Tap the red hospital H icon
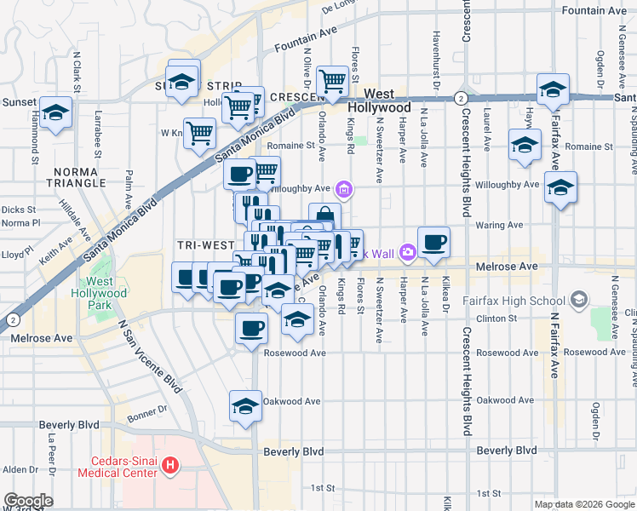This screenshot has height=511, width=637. (171, 465)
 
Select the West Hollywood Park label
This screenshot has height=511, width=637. (106, 294)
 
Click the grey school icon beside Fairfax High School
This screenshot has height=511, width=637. (580, 300)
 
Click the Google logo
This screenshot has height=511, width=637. (27, 501)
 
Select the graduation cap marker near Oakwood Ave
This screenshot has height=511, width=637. (245, 405)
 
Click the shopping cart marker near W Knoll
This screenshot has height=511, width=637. (199, 132)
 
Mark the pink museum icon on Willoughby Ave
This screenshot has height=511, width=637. (344, 188)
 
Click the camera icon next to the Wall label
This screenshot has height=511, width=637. (407, 251)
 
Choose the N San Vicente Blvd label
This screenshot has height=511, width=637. (151, 356)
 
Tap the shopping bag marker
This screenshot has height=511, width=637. (324, 216)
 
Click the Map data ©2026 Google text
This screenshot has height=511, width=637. (582, 504)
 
